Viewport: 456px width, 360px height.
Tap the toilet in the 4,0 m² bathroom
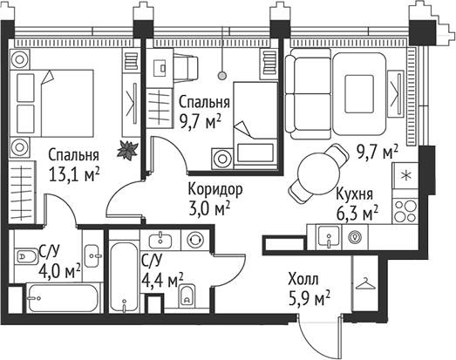pos(26,255)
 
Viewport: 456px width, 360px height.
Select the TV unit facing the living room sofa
pos(403,87)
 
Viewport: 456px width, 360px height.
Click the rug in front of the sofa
pos(359,87)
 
